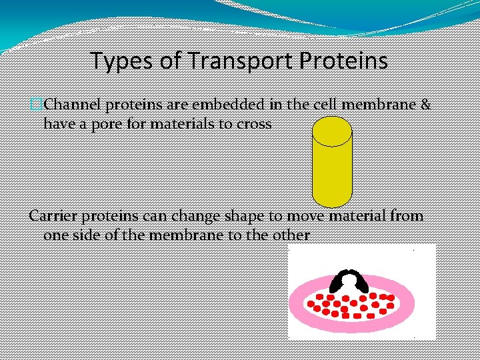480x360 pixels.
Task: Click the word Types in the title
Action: coord(114,61)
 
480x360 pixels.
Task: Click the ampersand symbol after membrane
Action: coord(425,105)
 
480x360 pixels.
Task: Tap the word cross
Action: coord(253,124)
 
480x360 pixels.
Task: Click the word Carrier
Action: coord(53,216)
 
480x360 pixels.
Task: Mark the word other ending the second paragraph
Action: coord(291,235)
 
